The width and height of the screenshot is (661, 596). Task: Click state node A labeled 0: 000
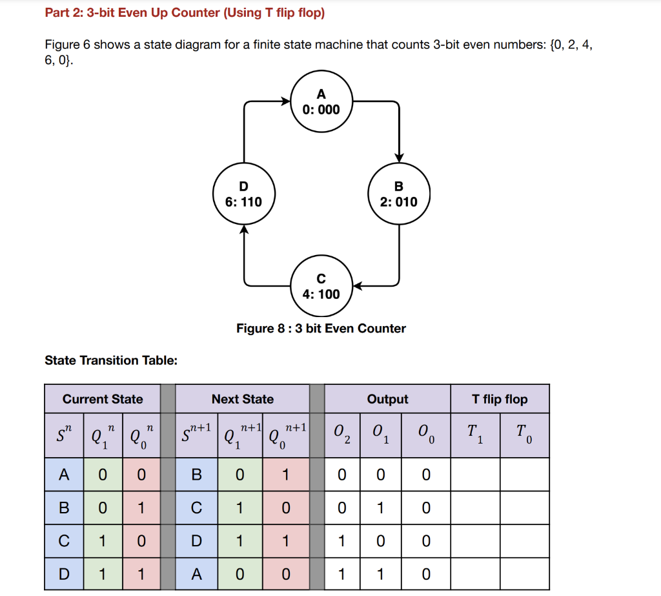[321, 101]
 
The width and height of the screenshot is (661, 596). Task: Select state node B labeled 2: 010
[399, 193]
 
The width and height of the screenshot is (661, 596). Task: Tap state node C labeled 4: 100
[321, 286]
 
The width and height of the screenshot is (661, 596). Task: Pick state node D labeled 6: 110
[243, 193]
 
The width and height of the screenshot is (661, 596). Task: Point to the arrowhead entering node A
[286, 101]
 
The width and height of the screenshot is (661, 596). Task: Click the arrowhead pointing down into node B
[399, 157]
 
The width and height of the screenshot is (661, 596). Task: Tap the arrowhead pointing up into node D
[243, 230]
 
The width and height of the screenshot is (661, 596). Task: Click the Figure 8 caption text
[321, 329]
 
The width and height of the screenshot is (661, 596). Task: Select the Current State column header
[103, 399]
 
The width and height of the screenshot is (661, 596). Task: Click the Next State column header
[243, 399]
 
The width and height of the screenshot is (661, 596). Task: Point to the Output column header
[387, 399]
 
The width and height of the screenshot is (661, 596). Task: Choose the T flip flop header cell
[500, 399]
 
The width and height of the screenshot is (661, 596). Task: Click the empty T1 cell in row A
[475, 475]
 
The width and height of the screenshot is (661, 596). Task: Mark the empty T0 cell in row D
[524, 574]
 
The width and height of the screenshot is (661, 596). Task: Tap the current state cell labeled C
[64, 540]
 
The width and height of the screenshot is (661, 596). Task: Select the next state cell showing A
[196, 574]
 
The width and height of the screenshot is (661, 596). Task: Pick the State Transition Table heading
[111, 360]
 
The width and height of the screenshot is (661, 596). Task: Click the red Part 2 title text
[185, 13]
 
